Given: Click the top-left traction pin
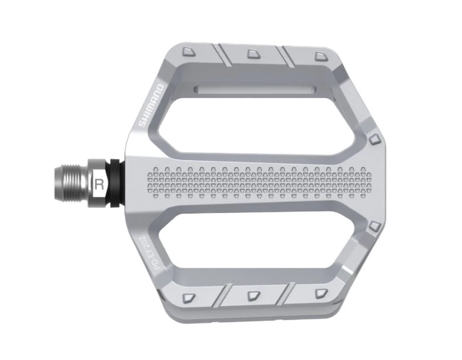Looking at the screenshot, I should [188, 52].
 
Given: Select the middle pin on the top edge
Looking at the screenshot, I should [252, 54].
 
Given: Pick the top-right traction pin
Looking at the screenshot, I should [319, 57].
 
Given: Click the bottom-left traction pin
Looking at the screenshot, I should [189, 298].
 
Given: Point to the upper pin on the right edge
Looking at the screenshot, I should [374, 139].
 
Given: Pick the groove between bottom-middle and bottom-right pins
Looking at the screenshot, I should [286, 295].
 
